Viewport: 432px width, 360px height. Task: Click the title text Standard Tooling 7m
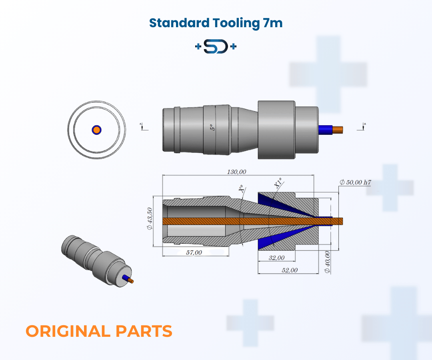[x=216, y=23]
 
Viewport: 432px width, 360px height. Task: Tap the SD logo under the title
[x=216, y=47]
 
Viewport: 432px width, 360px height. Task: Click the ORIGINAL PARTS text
[x=99, y=331]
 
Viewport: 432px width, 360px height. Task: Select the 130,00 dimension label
[x=236, y=172]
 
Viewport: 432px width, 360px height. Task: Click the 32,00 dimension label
[x=276, y=258]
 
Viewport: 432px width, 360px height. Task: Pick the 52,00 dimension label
[x=290, y=270]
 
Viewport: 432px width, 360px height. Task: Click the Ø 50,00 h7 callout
[x=355, y=182]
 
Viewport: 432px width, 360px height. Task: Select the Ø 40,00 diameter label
[x=328, y=262]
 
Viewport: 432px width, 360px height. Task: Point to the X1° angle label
[x=278, y=183]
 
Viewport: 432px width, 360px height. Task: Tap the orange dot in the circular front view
[x=96, y=130]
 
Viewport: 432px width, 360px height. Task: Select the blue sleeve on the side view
[x=324, y=129]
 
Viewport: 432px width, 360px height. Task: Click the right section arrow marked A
[x=363, y=126]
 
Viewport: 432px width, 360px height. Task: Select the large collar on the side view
[x=276, y=129]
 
